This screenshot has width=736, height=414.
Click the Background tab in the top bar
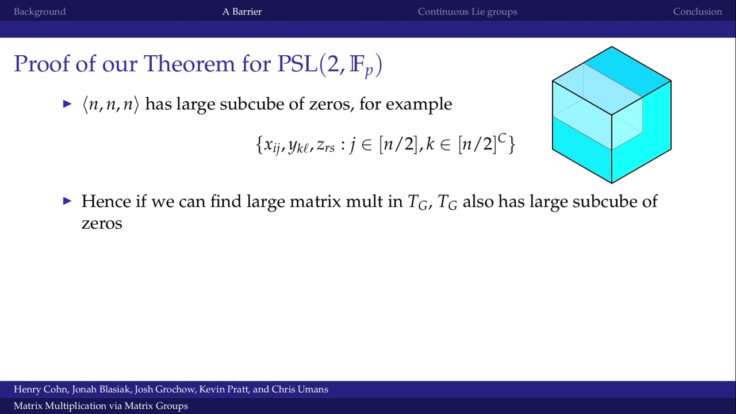[40, 11]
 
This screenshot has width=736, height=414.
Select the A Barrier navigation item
[242, 11]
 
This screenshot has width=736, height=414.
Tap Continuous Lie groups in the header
[467, 11]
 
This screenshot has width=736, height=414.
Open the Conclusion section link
[697, 11]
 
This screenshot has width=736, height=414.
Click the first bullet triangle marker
[67, 104]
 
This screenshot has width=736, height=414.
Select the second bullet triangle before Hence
[67, 201]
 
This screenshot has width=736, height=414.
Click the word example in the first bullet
[419, 105]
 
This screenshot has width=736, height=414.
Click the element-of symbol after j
[366, 145]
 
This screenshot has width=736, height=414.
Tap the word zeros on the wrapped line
[102, 223]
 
